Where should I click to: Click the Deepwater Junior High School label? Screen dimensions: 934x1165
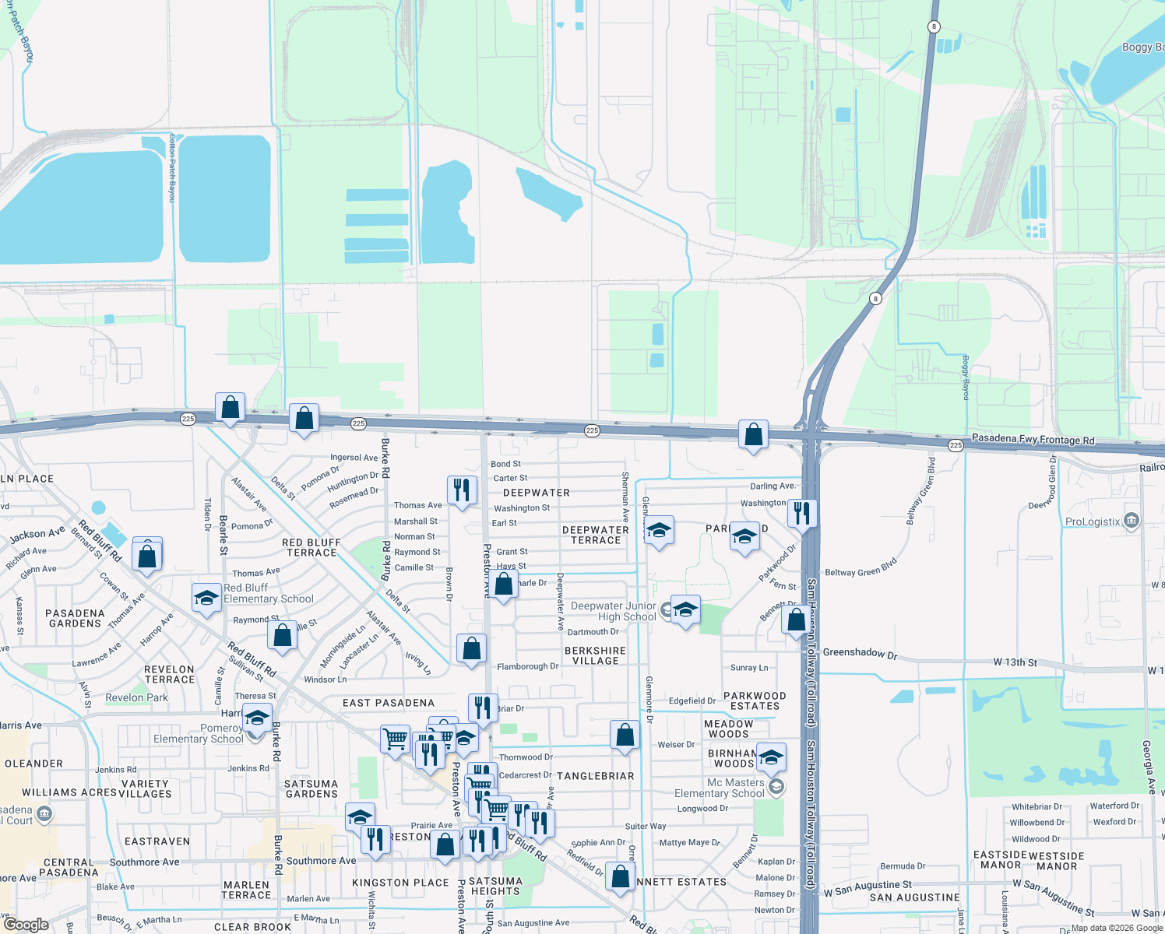coord(614,611)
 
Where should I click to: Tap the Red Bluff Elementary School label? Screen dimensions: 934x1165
coord(268,593)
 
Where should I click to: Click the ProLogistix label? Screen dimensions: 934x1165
coord(1093,521)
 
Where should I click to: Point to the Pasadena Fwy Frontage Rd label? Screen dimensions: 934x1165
coord(1033,439)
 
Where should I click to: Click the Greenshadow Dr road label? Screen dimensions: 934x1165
coord(860,653)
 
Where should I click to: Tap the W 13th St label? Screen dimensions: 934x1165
coord(1015,662)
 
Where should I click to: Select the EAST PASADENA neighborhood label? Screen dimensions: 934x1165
coord(389,703)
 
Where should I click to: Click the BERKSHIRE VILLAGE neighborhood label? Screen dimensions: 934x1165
coord(595,655)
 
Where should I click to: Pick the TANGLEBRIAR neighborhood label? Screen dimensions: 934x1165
coord(595,776)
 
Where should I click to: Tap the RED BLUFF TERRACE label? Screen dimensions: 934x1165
coord(311,547)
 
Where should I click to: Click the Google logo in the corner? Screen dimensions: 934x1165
coord(26,925)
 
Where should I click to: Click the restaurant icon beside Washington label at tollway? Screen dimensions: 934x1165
coord(801,514)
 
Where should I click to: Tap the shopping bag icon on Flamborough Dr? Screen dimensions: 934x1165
coord(471,648)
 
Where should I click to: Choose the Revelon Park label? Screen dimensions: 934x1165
coord(136,697)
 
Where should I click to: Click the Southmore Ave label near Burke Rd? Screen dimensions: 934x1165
coord(321,860)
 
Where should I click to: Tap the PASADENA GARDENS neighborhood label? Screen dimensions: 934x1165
coord(75,618)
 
